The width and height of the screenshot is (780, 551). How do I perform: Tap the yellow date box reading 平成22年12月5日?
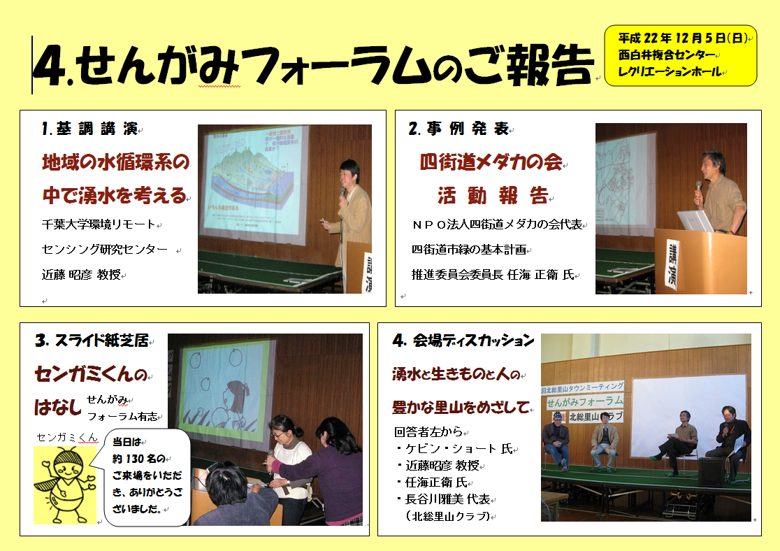click(680, 55)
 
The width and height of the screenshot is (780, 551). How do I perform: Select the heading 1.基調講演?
click(90, 129)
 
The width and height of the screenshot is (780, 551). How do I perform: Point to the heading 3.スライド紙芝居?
click(92, 341)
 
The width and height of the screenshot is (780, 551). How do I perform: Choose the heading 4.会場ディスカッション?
click(463, 341)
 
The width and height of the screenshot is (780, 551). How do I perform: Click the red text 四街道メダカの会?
click(491, 162)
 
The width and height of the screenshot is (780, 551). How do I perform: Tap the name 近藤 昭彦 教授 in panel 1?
click(82, 274)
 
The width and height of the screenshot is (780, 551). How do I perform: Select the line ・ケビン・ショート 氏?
click(454, 448)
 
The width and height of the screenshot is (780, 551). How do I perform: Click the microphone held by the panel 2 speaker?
click(698, 192)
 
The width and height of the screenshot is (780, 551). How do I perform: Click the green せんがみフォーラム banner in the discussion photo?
click(584, 401)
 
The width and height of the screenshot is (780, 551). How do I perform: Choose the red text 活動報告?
click(493, 196)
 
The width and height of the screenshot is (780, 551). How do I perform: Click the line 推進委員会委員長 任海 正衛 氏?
click(493, 274)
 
